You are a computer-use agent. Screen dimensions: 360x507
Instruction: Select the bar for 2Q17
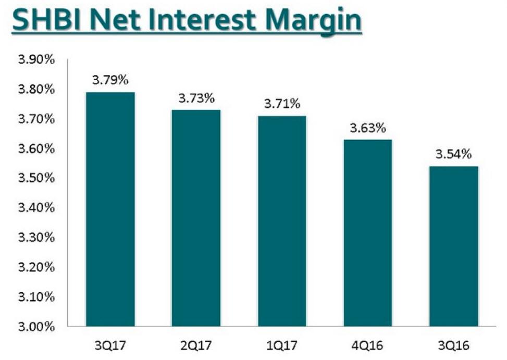196,218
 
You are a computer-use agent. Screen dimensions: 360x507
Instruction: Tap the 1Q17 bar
282,221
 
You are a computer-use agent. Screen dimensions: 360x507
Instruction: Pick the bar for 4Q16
368,233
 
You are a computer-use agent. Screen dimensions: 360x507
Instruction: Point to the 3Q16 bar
454,246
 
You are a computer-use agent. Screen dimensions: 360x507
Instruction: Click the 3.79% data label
110,81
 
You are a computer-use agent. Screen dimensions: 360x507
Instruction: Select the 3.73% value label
196,98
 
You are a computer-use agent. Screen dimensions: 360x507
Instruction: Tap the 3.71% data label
282,104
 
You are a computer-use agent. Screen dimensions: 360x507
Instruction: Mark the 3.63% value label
368,128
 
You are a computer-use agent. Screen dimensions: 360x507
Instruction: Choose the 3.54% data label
454,154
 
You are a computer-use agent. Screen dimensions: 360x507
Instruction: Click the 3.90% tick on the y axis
36,60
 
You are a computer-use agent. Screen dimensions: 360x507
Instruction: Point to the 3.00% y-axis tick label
36,327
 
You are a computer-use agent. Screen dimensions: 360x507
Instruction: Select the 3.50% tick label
36,179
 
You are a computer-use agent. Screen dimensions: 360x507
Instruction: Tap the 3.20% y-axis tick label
36,267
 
